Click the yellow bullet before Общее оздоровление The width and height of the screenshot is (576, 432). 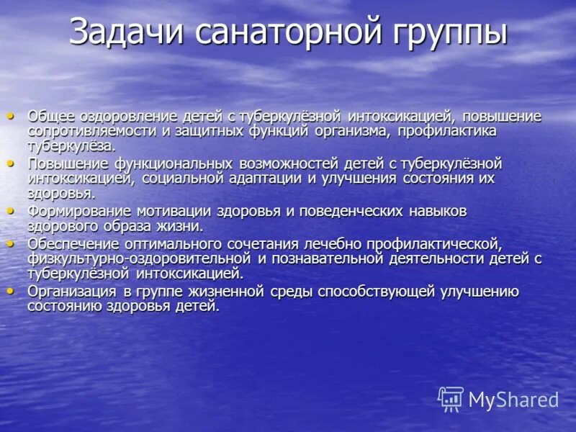(10, 115)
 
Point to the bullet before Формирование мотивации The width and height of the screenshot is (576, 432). (10, 210)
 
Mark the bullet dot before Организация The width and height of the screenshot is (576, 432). (10, 291)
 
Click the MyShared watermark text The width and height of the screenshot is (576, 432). (513, 400)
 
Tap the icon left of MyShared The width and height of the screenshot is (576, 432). (451, 399)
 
